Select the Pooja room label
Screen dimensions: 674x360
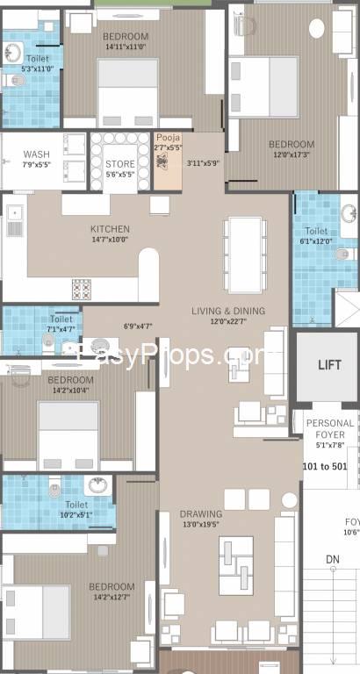coord(167,138)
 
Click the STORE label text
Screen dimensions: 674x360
coord(119,163)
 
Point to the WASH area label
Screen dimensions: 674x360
coord(36,154)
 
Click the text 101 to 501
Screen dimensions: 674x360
coord(326,466)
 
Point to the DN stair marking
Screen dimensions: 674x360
coord(333,558)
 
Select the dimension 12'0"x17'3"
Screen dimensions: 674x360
coord(290,154)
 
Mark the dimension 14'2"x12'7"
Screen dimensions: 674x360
coord(112,598)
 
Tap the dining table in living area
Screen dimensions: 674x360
coord(243,248)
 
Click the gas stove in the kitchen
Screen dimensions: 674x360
coord(82,289)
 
